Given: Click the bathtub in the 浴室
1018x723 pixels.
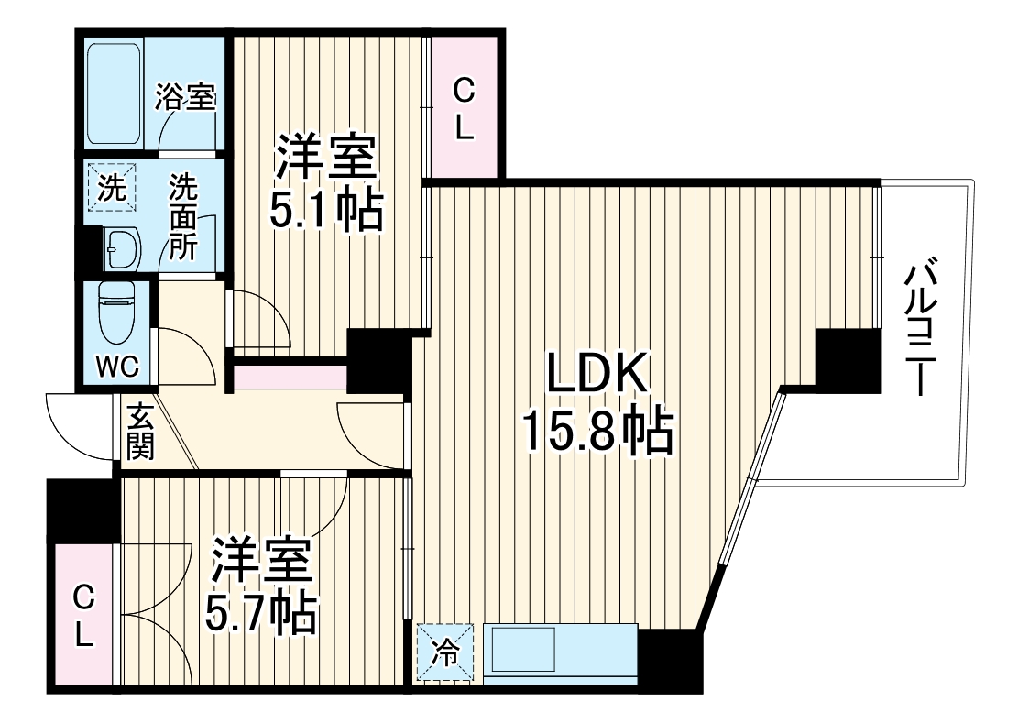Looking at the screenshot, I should pos(115,91).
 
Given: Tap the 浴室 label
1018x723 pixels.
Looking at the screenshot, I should pos(185,97).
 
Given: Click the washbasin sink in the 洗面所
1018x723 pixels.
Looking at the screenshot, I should pos(120,246).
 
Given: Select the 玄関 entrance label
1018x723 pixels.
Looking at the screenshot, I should pos(139,431).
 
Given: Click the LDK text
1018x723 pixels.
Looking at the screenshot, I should pos(598,375).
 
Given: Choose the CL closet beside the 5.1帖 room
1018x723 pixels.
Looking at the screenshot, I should pos(465,108).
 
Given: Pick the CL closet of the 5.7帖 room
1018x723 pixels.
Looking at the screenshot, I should pos(83,616).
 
